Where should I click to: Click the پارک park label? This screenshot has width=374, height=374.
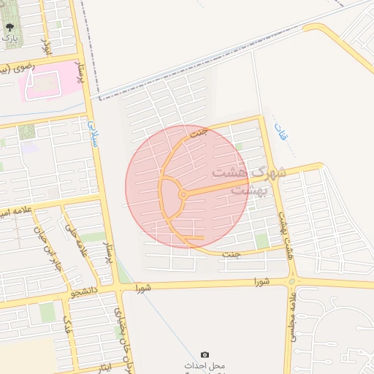pyautogui.click(x=9, y=37)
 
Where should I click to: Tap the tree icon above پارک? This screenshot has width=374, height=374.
pyautogui.click(x=9, y=27)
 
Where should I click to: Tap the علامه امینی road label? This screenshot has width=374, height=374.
pyautogui.click(x=15, y=212)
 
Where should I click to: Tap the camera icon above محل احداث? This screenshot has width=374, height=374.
pyautogui.click(x=205, y=354)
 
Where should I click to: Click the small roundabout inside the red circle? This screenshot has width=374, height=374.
pyautogui.click(x=182, y=194)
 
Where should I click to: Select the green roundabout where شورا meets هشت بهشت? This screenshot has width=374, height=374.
pyautogui.click(x=292, y=281)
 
